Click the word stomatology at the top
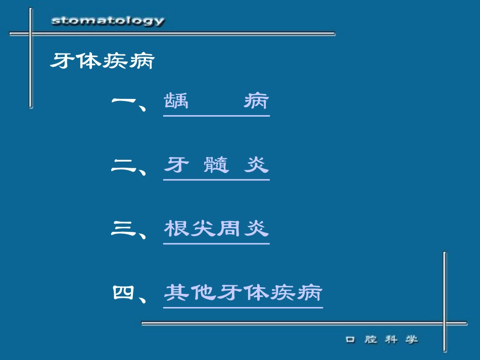(108, 21)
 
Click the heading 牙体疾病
(102, 62)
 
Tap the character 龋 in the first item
(176, 101)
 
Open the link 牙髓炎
(216, 165)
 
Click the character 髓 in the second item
(216, 165)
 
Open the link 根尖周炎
(216, 229)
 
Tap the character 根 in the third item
(176, 229)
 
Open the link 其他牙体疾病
(243, 293)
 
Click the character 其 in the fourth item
(176, 293)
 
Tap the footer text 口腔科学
(382, 340)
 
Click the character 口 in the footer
(350, 340)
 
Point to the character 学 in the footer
(412, 340)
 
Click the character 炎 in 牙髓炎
(256, 165)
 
